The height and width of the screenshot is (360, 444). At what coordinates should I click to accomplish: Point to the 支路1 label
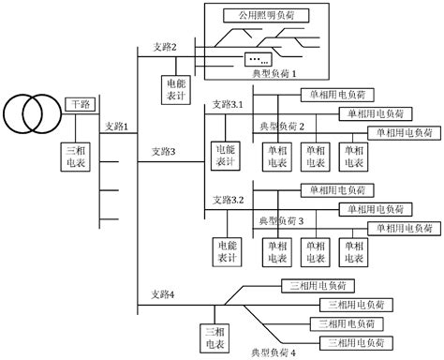pyautogui.click(x=117, y=127)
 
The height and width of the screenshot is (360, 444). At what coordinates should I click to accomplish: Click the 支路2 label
pyautogui.click(x=153, y=46)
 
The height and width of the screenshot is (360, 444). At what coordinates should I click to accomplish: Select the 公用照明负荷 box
pyautogui.click(x=267, y=16)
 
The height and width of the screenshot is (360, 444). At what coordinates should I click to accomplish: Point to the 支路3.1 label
pyautogui.click(x=228, y=103)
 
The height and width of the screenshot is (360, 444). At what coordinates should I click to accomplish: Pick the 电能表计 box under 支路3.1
pyautogui.click(x=228, y=155)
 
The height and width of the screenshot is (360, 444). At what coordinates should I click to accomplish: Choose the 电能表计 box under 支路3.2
pyautogui.click(x=228, y=250)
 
